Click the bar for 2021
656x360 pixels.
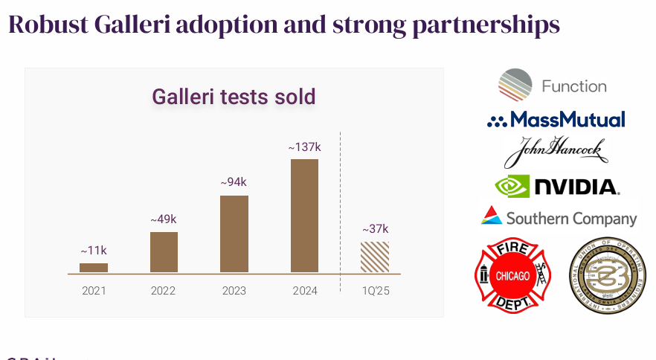(94, 268)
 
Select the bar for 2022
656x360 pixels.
(164, 252)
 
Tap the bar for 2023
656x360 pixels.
(234, 234)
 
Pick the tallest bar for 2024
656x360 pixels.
(304, 216)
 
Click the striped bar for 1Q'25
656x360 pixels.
(375, 257)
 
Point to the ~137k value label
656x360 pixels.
(304, 147)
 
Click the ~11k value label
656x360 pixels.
(94, 251)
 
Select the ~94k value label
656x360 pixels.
(234, 182)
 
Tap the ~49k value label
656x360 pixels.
(164, 219)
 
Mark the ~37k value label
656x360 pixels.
(375, 229)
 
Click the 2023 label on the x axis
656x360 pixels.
(234, 291)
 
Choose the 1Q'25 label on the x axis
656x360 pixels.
(375, 291)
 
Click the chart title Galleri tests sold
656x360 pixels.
(234, 97)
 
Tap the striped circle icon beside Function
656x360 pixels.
(515, 85)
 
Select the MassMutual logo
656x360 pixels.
(556, 120)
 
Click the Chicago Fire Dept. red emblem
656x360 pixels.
(512, 276)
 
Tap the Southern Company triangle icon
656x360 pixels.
(491, 216)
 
